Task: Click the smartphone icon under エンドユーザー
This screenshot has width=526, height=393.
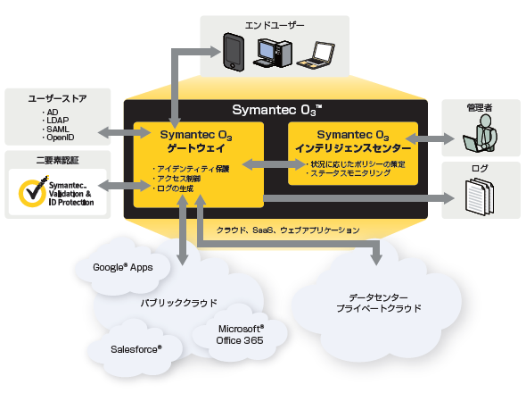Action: tap(234, 52)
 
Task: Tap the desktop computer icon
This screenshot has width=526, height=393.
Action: tap(273, 53)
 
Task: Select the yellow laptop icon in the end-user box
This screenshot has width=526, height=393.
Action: tap(316, 55)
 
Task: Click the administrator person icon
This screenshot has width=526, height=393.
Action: tap(480, 133)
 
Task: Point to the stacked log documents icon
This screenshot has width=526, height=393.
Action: tap(480, 196)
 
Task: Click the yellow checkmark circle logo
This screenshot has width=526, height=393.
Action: tap(33, 192)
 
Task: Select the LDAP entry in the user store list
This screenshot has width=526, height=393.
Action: tap(57, 121)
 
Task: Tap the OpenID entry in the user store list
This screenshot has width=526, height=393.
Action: tap(60, 138)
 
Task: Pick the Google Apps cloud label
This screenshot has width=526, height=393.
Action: tap(123, 267)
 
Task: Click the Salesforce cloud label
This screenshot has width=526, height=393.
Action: tap(136, 349)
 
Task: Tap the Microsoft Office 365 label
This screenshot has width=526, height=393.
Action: tap(240, 335)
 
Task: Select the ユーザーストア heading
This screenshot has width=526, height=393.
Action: tap(57, 98)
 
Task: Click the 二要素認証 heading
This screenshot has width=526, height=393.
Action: tap(57, 161)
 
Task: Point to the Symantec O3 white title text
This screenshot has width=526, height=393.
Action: tap(277, 110)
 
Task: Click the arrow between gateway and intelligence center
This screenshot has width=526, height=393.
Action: tap(274, 164)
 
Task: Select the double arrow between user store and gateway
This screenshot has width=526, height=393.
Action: tap(124, 132)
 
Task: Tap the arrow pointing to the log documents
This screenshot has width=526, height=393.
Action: tap(358, 198)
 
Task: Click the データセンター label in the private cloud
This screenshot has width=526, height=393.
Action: tap(378, 297)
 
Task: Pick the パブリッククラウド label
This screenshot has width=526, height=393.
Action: tap(179, 303)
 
